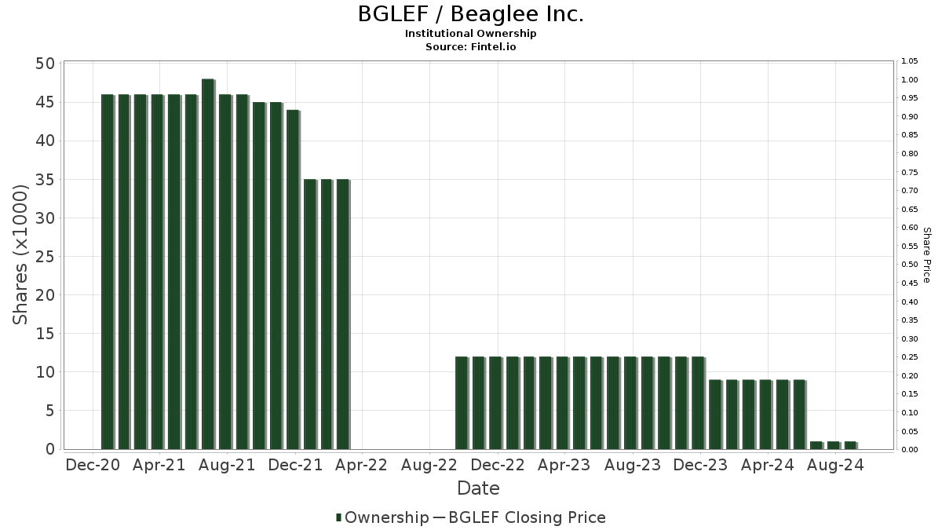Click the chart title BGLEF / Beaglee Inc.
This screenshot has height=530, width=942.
471,14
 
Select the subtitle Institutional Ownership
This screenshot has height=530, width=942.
471,34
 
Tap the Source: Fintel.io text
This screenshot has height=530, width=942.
471,46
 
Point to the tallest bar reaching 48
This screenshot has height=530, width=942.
208,264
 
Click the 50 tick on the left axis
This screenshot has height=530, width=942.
45,64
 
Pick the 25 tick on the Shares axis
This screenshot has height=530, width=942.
45,257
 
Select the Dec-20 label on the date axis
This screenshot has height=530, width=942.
93,465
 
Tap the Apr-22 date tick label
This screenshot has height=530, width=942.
361,465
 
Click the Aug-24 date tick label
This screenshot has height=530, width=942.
835,465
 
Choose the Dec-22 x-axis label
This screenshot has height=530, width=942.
497,465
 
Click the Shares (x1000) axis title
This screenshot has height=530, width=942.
21,255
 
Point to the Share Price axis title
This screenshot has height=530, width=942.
926,255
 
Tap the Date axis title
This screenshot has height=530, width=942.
478,488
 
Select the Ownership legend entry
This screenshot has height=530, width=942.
382,517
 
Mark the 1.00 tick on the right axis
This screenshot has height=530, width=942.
910,80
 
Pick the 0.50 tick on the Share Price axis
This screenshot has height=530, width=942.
910,265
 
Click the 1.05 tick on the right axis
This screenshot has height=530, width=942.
910,61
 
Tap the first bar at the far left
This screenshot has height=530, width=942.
107,272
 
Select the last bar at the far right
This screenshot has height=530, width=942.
850,445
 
